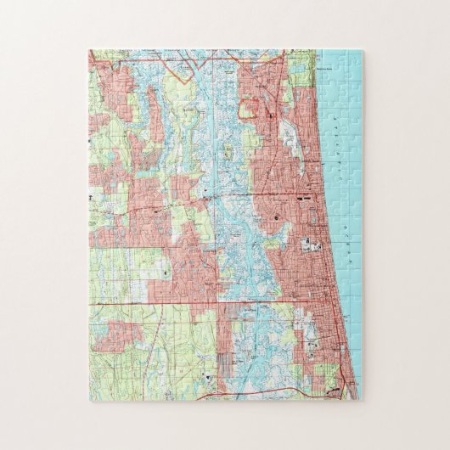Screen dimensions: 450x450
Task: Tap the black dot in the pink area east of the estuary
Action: pyautogui.click(x=278, y=219)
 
